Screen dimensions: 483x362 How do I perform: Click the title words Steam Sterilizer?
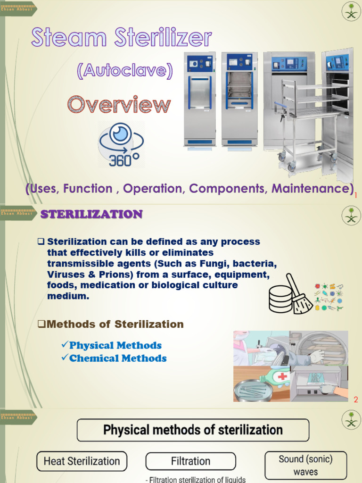click(122, 38)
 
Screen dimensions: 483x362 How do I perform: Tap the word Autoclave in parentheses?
click(125, 71)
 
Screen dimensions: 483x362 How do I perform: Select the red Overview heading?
click(119, 105)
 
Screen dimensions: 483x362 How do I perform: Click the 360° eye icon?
click(121, 144)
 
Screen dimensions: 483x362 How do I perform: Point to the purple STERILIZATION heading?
click(91, 215)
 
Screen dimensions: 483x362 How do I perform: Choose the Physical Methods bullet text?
click(115, 345)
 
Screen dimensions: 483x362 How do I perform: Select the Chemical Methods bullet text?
click(118, 358)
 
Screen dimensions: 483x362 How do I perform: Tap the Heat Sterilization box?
click(82, 461)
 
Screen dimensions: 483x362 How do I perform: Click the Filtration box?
click(190, 461)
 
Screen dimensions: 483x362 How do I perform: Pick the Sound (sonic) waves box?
click(305, 465)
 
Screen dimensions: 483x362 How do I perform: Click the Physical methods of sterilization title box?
click(193, 430)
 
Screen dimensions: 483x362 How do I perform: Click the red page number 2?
click(356, 400)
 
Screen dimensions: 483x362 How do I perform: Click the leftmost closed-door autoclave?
click(199, 100)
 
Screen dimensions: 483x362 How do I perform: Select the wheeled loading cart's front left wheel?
click(292, 167)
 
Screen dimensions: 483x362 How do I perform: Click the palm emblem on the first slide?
click(351, 11)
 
